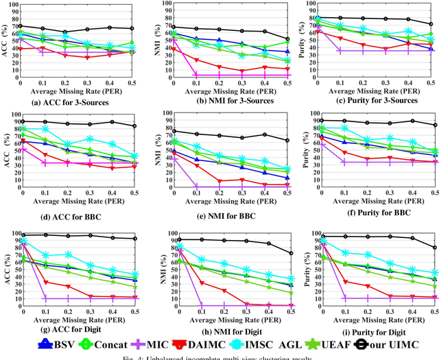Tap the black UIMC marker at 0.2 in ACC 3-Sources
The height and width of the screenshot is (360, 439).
point(66,32)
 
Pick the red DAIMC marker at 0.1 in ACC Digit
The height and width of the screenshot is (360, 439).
point(45,282)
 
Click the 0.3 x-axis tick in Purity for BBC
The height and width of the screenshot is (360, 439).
point(389,193)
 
